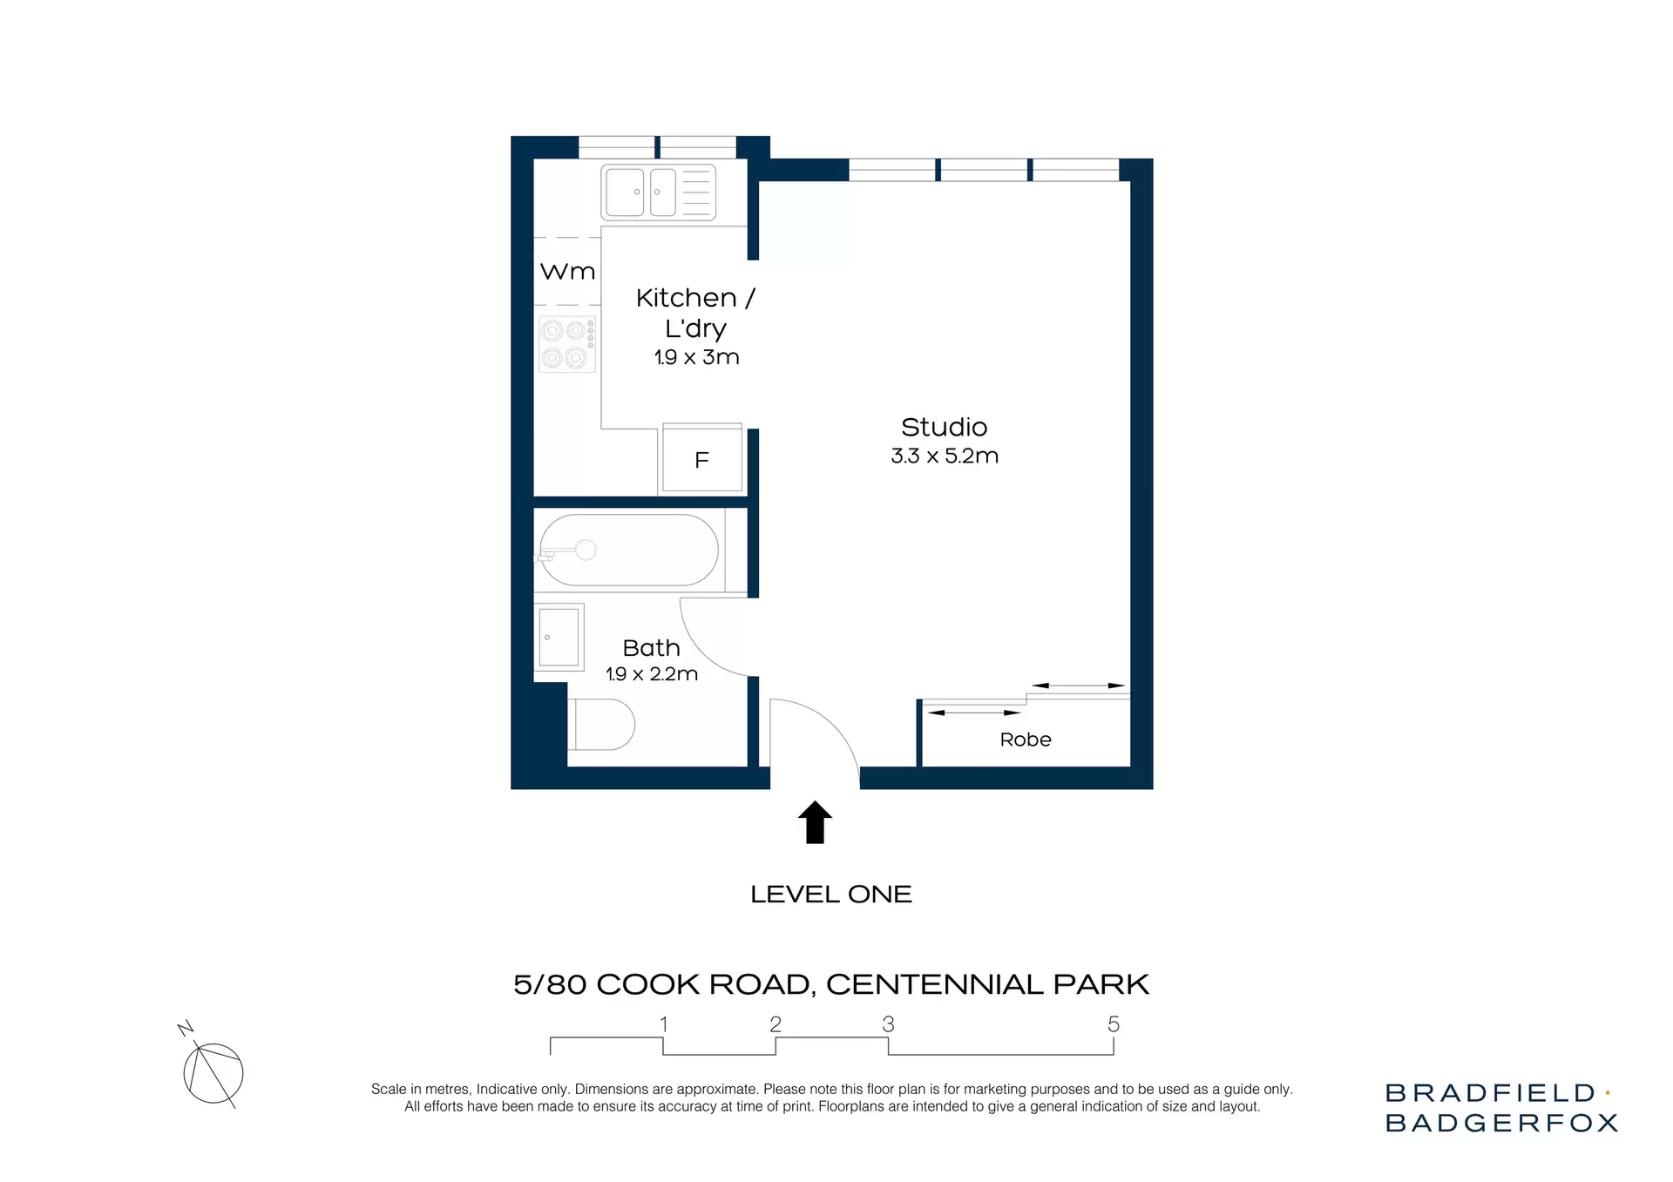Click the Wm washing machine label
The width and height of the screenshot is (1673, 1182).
[x=567, y=272]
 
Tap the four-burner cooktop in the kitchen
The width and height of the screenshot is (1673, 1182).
[x=566, y=344]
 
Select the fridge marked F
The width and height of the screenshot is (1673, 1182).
[x=701, y=460]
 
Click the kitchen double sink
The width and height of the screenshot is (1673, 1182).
[x=659, y=192]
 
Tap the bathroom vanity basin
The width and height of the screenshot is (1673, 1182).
[x=559, y=637]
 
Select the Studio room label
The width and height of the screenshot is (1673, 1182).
[x=944, y=427]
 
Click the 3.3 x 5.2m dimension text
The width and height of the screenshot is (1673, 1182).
[x=945, y=456]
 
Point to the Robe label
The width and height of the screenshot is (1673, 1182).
[x=1026, y=740]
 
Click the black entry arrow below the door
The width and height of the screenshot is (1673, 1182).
[x=815, y=822]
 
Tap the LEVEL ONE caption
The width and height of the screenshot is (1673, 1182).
[x=830, y=895]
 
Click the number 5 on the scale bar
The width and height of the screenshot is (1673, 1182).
[x=1113, y=1024]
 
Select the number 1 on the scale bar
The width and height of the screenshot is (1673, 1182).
[x=664, y=1024]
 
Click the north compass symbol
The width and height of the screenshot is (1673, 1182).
[x=213, y=1071]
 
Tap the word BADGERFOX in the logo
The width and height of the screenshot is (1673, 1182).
[x=1500, y=1123]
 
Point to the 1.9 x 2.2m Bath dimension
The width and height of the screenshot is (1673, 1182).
[x=652, y=674]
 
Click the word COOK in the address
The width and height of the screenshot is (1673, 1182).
[x=648, y=984]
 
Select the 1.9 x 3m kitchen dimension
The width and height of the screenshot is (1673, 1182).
[x=696, y=357]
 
